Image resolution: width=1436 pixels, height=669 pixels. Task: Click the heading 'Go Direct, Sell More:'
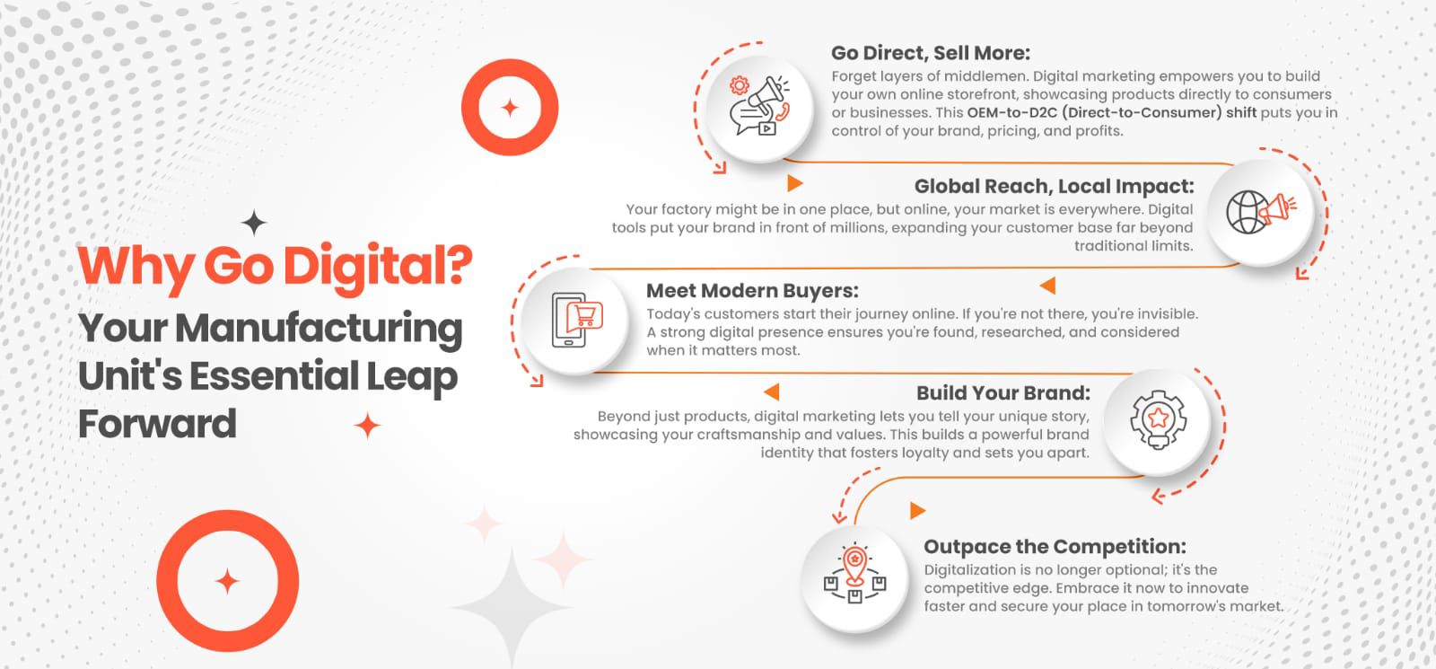tap(930, 53)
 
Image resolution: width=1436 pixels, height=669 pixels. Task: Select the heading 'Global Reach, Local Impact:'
tap(1054, 186)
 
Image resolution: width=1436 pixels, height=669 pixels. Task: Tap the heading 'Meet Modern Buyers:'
tap(752, 291)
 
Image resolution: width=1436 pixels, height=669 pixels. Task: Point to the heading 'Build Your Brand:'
tap(1003, 392)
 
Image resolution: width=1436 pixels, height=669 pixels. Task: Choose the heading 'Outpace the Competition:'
tap(1055, 547)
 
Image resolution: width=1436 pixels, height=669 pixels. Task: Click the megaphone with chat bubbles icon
tap(759, 106)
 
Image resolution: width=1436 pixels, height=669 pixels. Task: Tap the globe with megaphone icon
tap(1261, 212)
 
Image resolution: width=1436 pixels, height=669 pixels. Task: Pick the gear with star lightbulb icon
tap(1158, 420)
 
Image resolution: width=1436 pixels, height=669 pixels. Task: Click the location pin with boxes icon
tap(854, 574)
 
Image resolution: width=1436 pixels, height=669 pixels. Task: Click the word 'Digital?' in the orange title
tap(378, 267)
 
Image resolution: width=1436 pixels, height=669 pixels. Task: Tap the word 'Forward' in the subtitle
tap(158, 424)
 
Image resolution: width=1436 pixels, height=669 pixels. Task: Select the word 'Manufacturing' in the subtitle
tap(319, 328)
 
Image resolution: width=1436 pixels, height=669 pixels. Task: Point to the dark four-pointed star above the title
tap(254, 223)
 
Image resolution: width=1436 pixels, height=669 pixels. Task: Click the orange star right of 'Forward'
tap(367, 426)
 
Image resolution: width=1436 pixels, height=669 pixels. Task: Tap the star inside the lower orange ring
tap(227, 581)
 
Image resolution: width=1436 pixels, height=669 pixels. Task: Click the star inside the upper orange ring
tap(510, 107)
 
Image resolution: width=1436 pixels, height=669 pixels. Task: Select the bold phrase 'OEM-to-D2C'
tap(1012, 112)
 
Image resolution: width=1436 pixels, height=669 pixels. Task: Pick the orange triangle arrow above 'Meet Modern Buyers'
tap(1047, 286)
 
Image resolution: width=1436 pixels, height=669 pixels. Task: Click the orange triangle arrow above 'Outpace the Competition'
tap(918, 511)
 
